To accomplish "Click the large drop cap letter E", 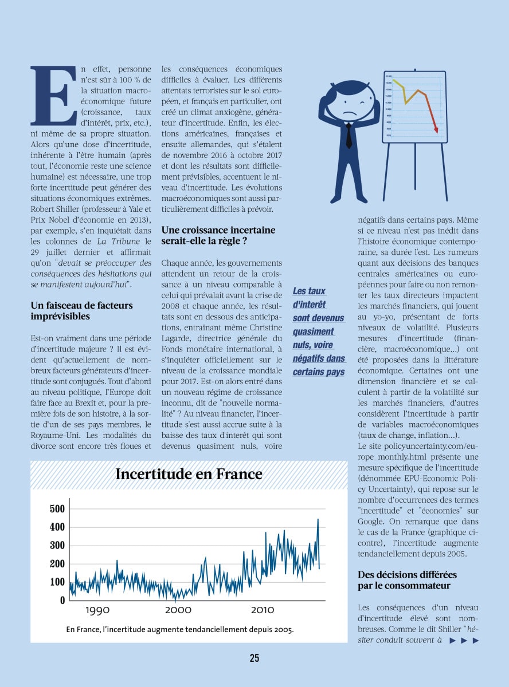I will [53, 96].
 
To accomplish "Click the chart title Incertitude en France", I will [189, 474].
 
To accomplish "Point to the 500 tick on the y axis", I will [58, 508].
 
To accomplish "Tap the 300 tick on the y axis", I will [58, 545].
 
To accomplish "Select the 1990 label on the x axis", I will [97, 610].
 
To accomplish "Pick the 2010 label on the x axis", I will [262, 610].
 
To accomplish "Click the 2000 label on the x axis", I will [178, 610].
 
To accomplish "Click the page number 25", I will [254, 658].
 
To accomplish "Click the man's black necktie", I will [349, 136].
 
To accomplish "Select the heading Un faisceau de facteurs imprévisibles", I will [81, 311].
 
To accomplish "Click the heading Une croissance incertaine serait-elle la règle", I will [218, 235].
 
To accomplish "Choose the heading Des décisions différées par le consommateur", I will [407, 579].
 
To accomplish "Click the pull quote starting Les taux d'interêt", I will [319, 331].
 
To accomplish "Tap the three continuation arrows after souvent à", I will [464, 641].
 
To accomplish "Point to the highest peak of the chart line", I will [318, 520].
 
